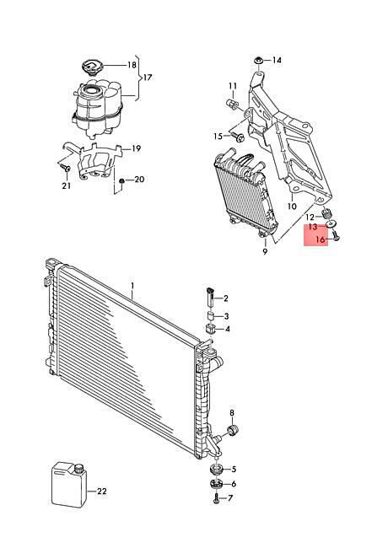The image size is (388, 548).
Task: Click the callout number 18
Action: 132,65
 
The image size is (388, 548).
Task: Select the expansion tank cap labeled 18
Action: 91,67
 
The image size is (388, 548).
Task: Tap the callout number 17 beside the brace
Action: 148,78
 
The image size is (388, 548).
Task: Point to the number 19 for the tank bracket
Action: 137,148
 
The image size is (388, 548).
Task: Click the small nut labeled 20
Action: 121,180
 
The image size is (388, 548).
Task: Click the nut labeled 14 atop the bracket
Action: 259,60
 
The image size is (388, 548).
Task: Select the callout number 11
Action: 233,86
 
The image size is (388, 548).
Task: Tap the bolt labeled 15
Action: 239,137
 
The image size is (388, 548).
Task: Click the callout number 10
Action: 292,207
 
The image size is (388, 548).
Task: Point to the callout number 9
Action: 265,251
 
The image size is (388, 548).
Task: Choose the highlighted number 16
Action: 321,239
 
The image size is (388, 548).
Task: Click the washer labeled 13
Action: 331,223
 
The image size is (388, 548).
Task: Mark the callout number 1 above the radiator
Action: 132,287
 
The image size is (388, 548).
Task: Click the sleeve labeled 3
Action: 211,316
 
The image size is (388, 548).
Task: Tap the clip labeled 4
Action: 209,329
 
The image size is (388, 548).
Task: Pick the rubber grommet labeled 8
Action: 232,430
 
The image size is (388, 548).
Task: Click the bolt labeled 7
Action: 216,499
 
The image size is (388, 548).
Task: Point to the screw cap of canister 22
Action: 79,468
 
